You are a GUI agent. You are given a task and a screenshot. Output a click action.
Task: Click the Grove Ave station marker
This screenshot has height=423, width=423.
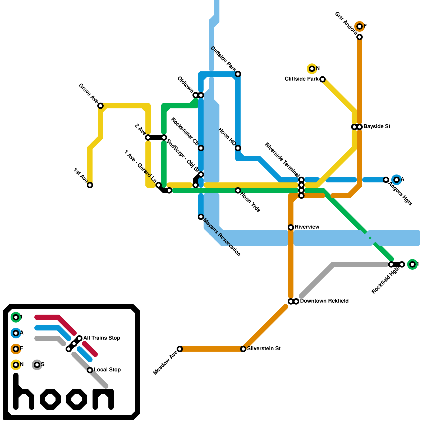[x=100, y=106]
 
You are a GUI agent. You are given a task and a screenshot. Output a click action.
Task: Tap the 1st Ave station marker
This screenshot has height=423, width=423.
[x=90, y=185]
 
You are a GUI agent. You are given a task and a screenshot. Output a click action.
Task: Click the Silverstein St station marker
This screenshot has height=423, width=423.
[x=243, y=349]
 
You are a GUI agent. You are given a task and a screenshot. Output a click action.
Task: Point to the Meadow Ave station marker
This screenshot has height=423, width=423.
[x=180, y=349]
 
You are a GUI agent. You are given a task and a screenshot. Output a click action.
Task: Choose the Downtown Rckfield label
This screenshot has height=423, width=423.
[x=324, y=301]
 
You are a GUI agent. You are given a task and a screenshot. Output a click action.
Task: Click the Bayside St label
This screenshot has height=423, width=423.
[x=377, y=127]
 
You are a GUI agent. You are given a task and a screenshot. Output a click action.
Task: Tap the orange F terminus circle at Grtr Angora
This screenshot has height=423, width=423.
[x=360, y=26]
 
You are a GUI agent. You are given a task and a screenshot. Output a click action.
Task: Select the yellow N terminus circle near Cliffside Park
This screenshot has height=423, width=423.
[x=312, y=69]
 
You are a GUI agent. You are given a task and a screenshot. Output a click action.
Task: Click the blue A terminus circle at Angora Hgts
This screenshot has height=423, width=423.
[x=397, y=180]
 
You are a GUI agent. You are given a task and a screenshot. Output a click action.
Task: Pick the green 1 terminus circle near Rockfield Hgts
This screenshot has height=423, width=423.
[x=412, y=264]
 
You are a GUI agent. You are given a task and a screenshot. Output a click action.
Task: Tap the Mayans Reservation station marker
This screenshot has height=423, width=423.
[x=201, y=217]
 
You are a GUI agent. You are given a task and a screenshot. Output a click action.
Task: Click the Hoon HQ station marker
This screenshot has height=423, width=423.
[x=238, y=148]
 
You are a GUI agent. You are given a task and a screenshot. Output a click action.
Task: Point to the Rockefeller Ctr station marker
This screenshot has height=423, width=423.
[x=201, y=148]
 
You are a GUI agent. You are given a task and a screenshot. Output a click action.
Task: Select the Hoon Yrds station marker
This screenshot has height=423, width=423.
[x=238, y=190]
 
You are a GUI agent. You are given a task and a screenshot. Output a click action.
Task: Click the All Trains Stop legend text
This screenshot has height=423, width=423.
[x=102, y=338]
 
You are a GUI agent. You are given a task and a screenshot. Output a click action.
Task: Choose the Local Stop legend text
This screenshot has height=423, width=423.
[x=107, y=370]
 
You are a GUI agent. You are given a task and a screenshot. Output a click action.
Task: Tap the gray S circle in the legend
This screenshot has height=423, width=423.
[x=37, y=365]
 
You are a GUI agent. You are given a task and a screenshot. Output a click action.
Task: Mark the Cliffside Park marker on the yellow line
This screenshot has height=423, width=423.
[x=323, y=79]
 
